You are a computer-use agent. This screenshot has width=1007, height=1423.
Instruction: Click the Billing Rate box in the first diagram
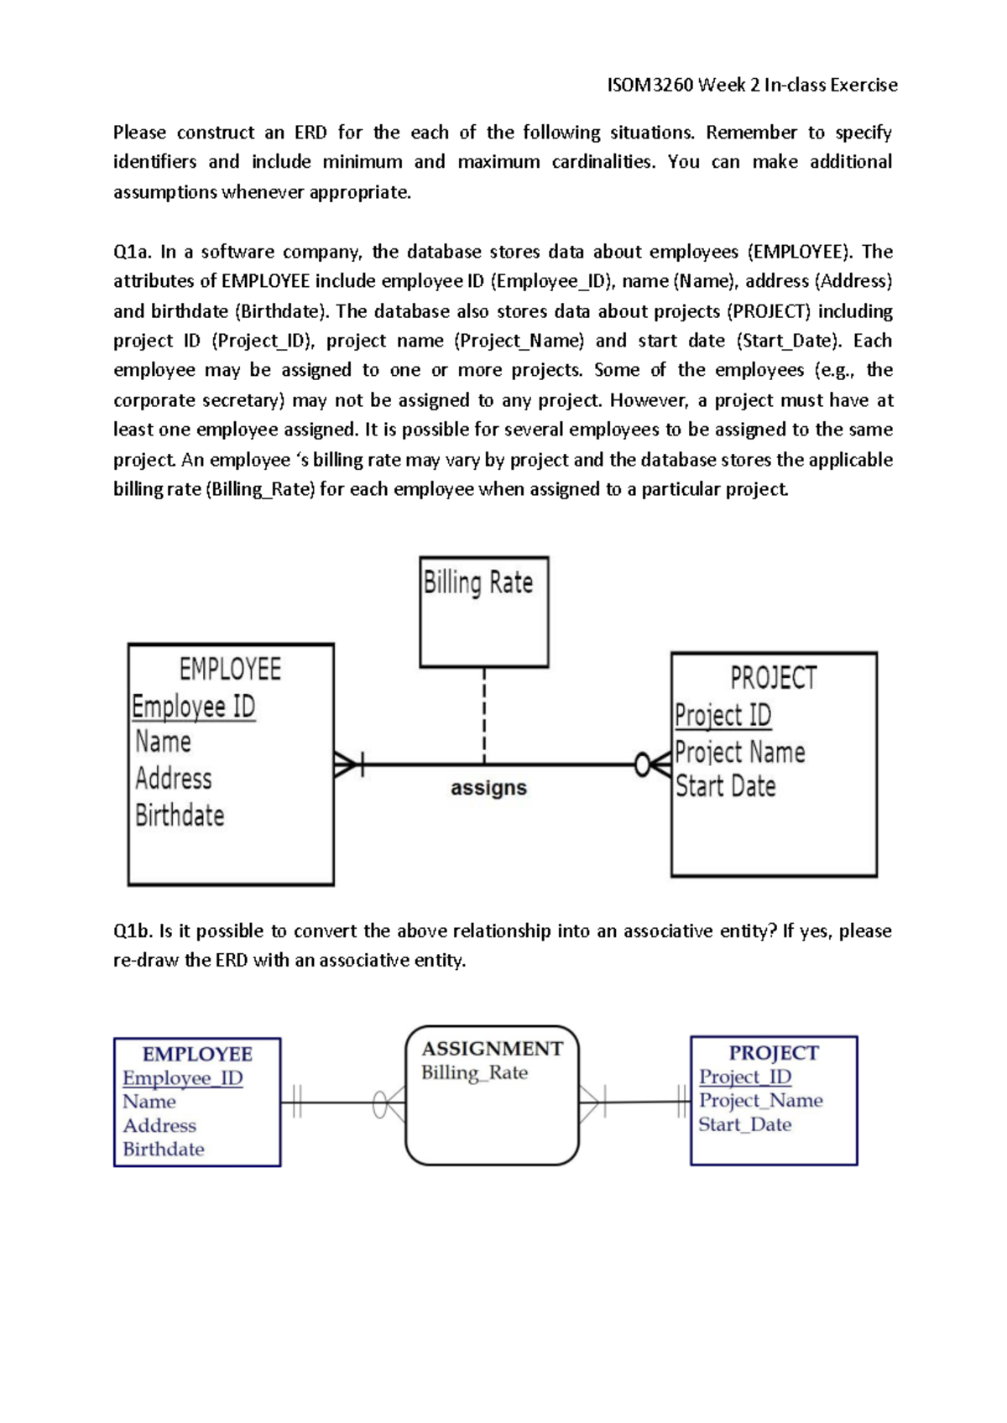484,612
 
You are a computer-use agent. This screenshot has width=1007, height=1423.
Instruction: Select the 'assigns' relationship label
488,788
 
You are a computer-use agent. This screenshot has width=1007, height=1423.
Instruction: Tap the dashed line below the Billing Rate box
484,715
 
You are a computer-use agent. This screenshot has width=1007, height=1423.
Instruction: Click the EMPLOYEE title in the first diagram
230,669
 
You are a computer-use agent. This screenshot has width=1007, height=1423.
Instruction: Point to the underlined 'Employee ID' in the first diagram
194,706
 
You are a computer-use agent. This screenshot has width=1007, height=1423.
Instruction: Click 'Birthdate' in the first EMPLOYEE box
180,815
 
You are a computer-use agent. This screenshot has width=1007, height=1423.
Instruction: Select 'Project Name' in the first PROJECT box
739,752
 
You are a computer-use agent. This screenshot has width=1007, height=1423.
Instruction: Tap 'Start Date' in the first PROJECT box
726,786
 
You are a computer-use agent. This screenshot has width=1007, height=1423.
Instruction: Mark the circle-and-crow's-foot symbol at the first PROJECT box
653,764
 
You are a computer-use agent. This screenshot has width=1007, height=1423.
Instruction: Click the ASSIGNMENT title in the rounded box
492,1049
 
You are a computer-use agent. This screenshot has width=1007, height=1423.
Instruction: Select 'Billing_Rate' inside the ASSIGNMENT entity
474,1072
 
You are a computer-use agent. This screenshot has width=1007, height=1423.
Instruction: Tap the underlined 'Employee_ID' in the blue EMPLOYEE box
182,1078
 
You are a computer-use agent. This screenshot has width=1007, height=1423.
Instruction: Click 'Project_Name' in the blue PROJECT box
761,1100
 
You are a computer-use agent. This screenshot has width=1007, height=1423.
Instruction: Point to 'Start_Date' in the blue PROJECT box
745,1124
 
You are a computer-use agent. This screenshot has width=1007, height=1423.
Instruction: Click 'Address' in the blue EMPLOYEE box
159,1125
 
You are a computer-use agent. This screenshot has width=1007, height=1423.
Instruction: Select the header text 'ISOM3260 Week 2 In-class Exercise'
752,85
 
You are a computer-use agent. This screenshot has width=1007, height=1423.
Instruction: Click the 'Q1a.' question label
132,252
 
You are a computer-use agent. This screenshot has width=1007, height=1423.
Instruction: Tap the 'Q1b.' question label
132,930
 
